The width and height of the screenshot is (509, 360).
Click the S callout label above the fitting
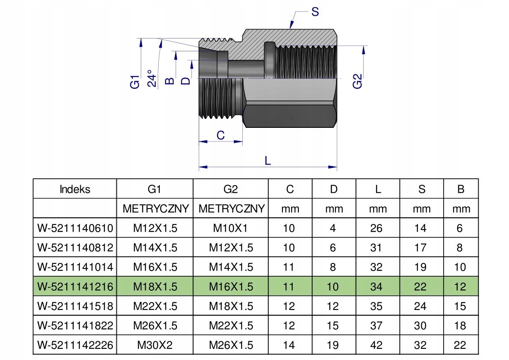(315, 12)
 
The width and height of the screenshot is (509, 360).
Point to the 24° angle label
(152, 78)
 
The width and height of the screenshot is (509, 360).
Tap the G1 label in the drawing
(135, 82)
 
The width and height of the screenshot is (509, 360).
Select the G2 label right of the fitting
(357, 81)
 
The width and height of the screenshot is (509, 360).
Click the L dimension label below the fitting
(268, 160)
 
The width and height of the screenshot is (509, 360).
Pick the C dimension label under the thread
(221, 135)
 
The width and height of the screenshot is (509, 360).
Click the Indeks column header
(75, 189)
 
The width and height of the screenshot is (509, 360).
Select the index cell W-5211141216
(75, 286)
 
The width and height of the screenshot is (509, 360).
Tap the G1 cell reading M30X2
(155, 345)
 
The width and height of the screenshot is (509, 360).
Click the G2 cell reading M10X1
(230, 228)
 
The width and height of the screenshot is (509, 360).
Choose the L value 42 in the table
(376, 345)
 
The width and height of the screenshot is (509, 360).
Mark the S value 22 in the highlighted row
(420, 286)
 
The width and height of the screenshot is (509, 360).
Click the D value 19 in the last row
(332, 345)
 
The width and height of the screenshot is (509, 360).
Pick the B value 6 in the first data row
(459, 228)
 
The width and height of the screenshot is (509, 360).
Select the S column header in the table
(422, 189)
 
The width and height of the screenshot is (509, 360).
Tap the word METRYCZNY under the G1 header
(156, 208)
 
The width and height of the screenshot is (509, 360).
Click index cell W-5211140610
(75, 228)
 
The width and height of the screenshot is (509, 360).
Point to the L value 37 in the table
(376, 325)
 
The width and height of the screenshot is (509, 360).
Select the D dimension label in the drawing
(185, 80)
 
